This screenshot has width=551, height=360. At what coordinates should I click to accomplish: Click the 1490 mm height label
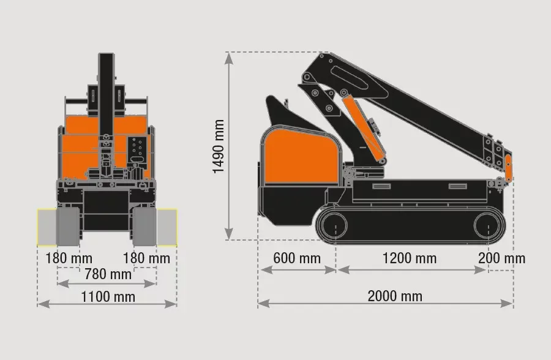(219, 146)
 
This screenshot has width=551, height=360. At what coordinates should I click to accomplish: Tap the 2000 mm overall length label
(395, 296)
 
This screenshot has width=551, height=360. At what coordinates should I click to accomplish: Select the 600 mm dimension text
(297, 258)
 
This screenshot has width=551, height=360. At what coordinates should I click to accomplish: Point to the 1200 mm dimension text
(410, 258)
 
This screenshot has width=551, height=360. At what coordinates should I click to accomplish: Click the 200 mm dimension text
(502, 258)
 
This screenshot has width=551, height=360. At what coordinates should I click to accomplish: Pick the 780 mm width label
(108, 274)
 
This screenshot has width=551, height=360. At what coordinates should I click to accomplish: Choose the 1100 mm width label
(108, 297)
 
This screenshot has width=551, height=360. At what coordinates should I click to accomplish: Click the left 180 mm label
(69, 258)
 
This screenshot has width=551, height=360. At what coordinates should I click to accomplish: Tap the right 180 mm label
(146, 258)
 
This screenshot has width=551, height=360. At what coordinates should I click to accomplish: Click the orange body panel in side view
(301, 157)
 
